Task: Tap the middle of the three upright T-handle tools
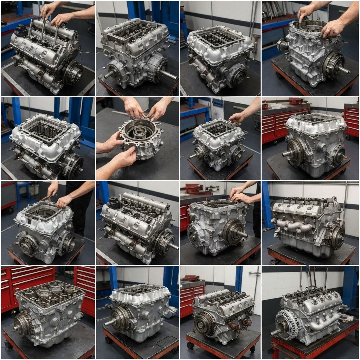(x=43, y=30)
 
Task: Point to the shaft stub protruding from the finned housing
(x=275, y=332)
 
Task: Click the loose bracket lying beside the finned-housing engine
(x=346, y=319)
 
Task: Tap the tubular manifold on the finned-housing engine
(x=325, y=322)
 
